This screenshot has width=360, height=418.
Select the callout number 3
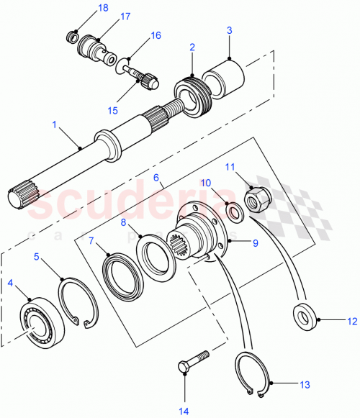229,31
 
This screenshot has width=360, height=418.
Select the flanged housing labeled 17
94,47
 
